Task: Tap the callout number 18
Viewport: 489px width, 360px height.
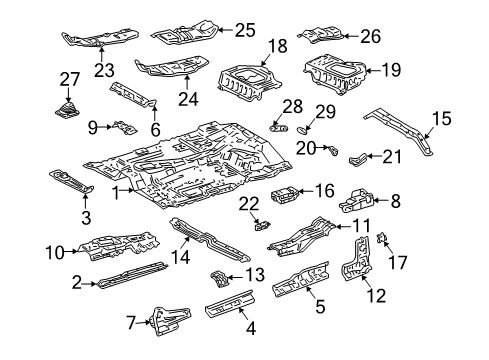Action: point(276,46)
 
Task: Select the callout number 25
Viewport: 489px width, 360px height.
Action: point(245,30)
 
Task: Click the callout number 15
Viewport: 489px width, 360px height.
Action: point(441,118)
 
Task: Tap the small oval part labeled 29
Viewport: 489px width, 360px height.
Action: point(306,129)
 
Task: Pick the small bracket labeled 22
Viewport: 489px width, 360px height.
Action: point(263,224)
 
